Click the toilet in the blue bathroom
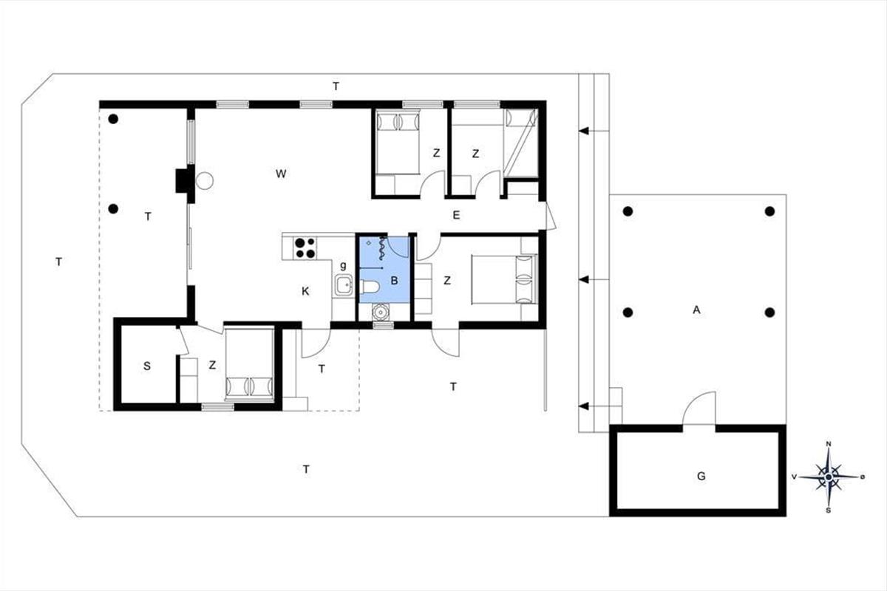pyautogui.click(x=370, y=286)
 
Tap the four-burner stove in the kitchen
pyautogui.click(x=305, y=247)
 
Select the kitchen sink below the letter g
pyautogui.click(x=343, y=284)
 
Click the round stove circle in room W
pyautogui.click(x=205, y=181)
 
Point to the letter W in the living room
pyautogui.click(x=281, y=174)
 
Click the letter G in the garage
pyautogui.click(x=701, y=476)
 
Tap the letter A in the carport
pyautogui.click(x=696, y=310)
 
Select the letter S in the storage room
pyautogui.click(x=147, y=366)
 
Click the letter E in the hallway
pyautogui.click(x=457, y=215)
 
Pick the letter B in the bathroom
pyautogui.click(x=394, y=281)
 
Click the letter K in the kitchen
pyautogui.click(x=305, y=291)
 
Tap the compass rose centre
pyautogui.click(x=829, y=477)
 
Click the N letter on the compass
pyautogui.click(x=828, y=444)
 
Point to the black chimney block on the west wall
pyautogui.click(x=182, y=181)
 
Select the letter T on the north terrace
pyautogui.click(x=336, y=86)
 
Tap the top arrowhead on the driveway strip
pyautogui.click(x=584, y=131)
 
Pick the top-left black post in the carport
pyautogui.click(x=628, y=211)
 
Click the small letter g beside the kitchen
pyautogui.click(x=343, y=266)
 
